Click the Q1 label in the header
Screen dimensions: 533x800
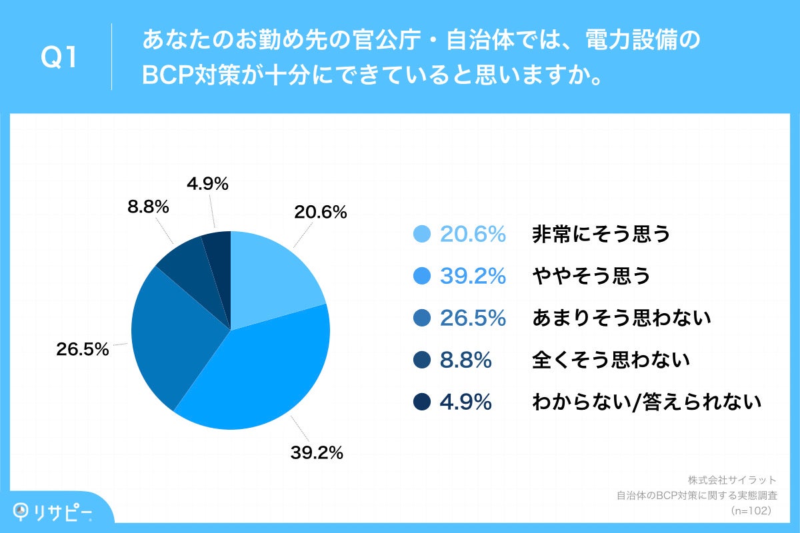pyautogui.click(x=60, y=59)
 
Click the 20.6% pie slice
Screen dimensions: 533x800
pyautogui.click(x=270, y=280)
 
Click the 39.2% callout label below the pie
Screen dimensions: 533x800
pyautogui.click(x=316, y=453)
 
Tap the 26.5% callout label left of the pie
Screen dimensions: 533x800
pyautogui.click(x=83, y=348)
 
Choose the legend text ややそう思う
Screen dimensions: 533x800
pyautogui.click(x=591, y=276)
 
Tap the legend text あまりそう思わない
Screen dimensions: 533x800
pyautogui.click(x=621, y=318)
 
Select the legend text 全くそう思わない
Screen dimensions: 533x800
pyautogui.click(x=610, y=360)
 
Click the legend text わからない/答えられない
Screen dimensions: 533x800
pyautogui.click(x=646, y=402)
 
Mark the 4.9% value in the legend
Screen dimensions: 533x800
pyautogui.click(x=465, y=402)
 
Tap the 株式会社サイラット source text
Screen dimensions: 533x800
pyautogui.click(x=732, y=480)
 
